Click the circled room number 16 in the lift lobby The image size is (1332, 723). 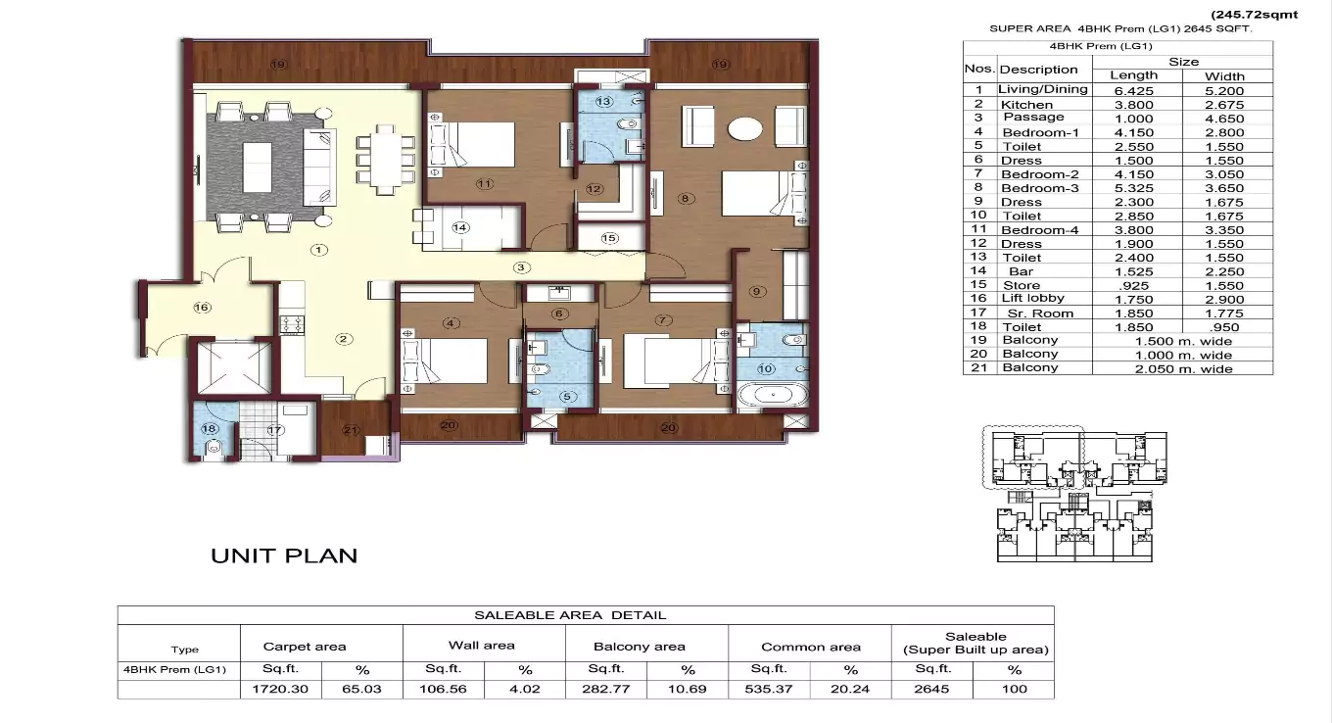pyautogui.click(x=202, y=308)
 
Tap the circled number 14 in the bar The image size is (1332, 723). pyautogui.click(x=460, y=227)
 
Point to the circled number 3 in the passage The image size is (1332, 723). pyautogui.click(x=522, y=267)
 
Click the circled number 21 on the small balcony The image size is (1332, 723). pyautogui.click(x=350, y=429)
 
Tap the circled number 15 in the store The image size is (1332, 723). pyautogui.click(x=609, y=238)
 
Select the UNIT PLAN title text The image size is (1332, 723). pyautogui.click(x=284, y=555)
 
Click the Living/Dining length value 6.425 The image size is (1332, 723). pyautogui.click(x=1134, y=90)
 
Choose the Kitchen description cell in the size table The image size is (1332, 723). pyautogui.click(x=1026, y=104)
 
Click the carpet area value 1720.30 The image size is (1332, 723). pyautogui.click(x=281, y=689)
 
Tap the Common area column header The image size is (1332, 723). pyautogui.click(x=811, y=647)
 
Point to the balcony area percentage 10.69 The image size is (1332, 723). pyautogui.click(x=688, y=689)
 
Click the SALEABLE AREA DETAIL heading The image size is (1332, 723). pyautogui.click(x=570, y=615)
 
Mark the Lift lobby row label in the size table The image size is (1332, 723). pyautogui.click(x=1032, y=299)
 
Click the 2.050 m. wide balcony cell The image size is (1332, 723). pyautogui.click(x=1182, y=368)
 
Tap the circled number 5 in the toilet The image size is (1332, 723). pyautogui.click(x=566, y=396)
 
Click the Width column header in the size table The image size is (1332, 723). pyautogui.click(x=1224, y=75)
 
